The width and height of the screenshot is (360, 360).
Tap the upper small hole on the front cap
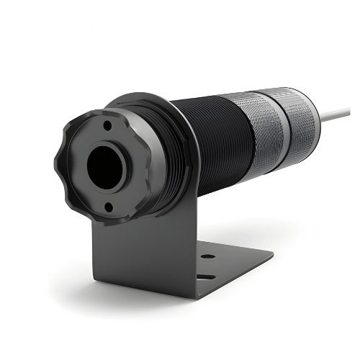coord(106,125)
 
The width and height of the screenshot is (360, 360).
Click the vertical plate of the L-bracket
coord(137,252)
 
